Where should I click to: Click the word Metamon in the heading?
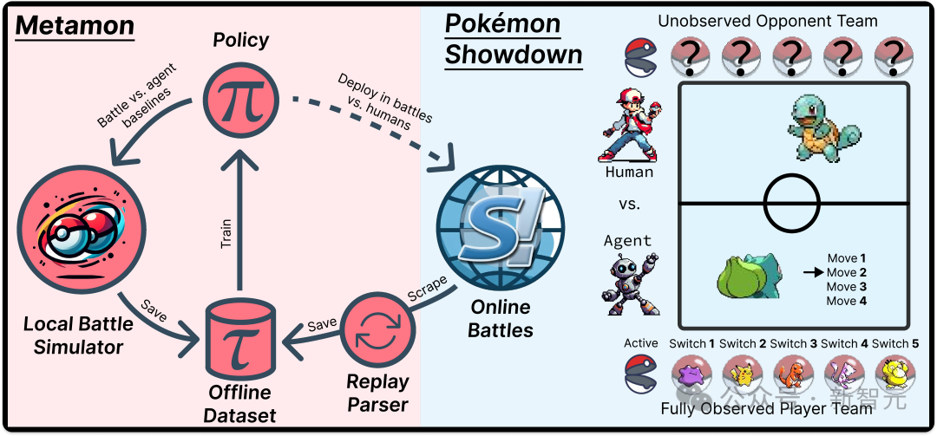pyautogui.click(x=75, y=26)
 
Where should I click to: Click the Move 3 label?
pyautogui.click(x=846, y=287)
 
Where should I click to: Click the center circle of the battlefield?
pyautogui.click(x=792, y=204)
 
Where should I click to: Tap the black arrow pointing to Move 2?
pyautogui.click(x=811, y=272)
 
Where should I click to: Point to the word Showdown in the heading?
pyautogui.click(x=514, y=55)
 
